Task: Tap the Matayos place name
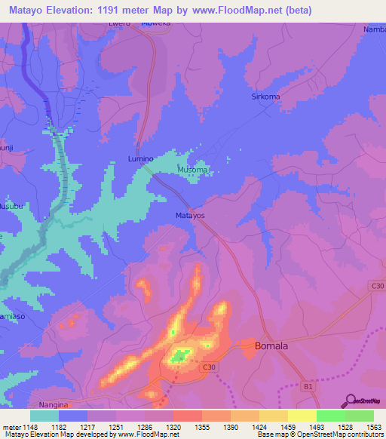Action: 190,215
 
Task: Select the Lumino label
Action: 140,159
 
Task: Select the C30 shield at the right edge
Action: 377,285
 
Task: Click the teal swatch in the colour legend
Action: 44,415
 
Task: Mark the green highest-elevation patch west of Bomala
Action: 180,354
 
